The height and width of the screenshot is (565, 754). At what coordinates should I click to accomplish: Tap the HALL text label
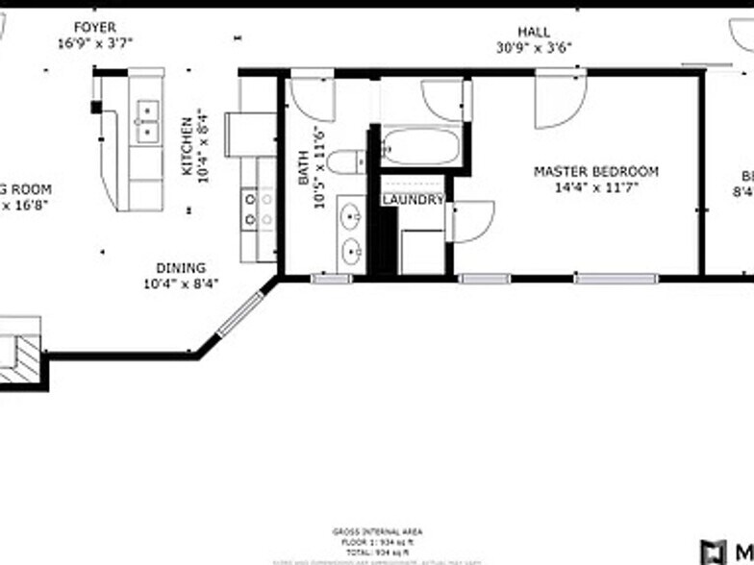tap(534, 32)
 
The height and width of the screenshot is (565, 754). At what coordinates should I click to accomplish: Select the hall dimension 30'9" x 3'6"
tap(535, 46)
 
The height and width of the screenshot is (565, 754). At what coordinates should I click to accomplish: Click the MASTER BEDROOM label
tap(596, 172)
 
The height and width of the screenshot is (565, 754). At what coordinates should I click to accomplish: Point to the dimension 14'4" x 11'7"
tap(596, 187)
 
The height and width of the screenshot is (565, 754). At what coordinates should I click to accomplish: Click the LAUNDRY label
tap(413, 200)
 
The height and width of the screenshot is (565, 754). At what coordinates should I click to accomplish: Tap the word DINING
tap(182, 268)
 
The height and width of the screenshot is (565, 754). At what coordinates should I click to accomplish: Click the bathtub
tap(420, 147)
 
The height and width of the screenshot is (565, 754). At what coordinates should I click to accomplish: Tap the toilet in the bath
tap(345, 161)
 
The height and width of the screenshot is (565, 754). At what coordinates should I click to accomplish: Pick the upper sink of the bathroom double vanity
tap(351, 214)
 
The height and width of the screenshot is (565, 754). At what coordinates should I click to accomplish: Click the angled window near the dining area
tap(239, 313)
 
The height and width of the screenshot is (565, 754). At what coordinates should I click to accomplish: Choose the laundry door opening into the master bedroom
tap(473, 221)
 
